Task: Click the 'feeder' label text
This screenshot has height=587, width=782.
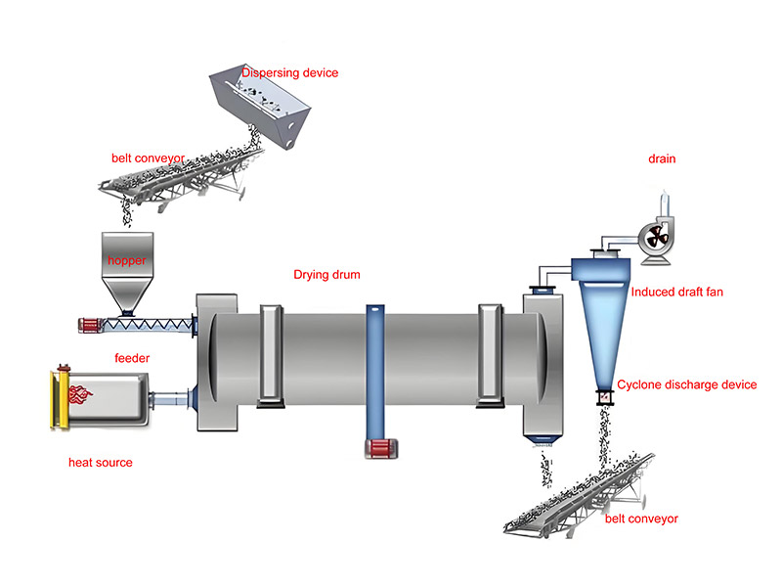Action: click(132, 358)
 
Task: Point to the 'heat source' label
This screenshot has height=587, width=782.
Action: click(100, 462)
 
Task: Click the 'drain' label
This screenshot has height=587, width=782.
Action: click(663, 158)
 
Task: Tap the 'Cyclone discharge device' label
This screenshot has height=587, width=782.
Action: click(686, 384)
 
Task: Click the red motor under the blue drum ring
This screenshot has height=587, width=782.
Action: click(377, 449)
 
